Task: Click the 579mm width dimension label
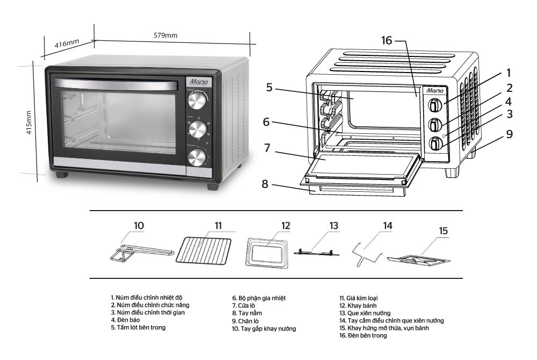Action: point(165,35)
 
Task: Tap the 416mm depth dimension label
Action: point(67,44)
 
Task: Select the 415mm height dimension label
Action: point(29,123)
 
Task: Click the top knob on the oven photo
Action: point(197,100)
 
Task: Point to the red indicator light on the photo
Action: point(207,143)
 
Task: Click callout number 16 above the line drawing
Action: point(387,40)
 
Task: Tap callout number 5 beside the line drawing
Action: point(269,88)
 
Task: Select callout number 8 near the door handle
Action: point(265,184)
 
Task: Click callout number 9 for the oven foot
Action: point(509,134)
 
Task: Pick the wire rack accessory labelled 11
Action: point(204,251)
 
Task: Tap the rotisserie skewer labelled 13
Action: point(317,253)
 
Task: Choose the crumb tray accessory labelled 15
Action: point(418,261)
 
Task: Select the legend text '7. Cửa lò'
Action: point(243,306)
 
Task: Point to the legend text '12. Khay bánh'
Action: point(358,306)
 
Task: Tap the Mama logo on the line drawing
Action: point(434,90)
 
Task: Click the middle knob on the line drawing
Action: point(435,124)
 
